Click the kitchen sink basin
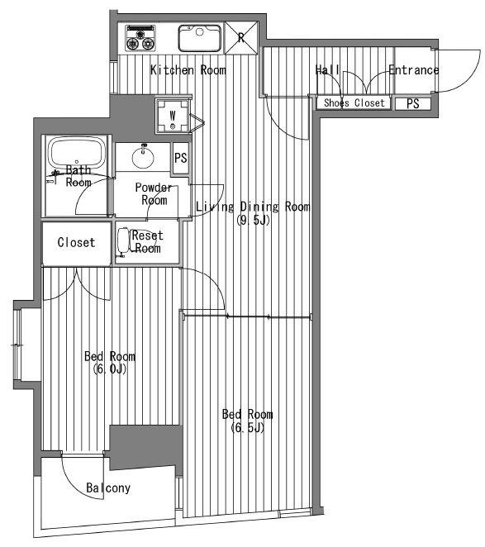(x=200, y=38)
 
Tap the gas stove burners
(x=140, y=38)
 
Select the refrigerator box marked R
(x=241, y=38)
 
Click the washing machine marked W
(x=173, y=117)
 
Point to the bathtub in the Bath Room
(x=76, y=154)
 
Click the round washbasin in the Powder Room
(x=143, y=157)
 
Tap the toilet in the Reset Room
(x=124, y=240)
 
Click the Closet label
(x=76, y=242)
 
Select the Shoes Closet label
(x=354, y=103)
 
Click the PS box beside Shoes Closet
(x=413, y=103)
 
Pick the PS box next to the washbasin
(x=181, y=158)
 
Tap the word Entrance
(x=414, y=70)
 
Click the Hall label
(x=327, y=70)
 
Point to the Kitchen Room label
(x=188, y=70)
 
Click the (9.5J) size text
(x=254, y=220)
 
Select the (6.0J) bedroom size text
(x=110, y=369)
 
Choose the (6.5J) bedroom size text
(x=248, y=427)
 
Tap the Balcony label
(x=108, y=488)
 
